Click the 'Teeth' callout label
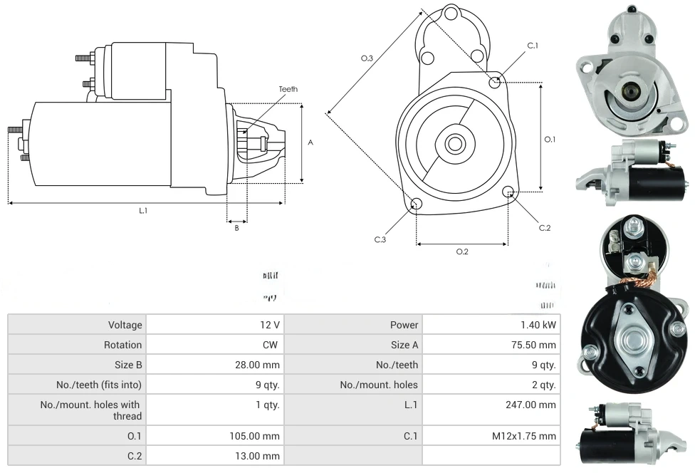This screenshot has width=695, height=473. (x=288, y=89)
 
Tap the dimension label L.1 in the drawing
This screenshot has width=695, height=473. (x=143, y=210)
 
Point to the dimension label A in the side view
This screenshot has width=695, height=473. (x=310, y=142)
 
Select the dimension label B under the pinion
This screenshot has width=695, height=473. (x=236, y=228)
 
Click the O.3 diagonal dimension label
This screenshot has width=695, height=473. (x=367, y=58)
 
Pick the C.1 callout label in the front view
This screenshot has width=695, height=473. (x=533, y=46)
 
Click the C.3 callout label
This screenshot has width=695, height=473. (x=380, y=239)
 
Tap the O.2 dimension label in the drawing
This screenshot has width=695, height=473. (x=462, y=251)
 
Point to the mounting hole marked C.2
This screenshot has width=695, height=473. (x=508, y=192)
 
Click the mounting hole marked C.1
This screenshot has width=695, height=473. (x=495, y=82)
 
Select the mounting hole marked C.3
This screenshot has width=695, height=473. (x=417, y=204)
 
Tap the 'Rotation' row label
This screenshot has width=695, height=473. (x=122, y=345)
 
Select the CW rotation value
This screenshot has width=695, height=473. (x=273, y=345)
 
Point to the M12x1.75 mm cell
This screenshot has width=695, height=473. (x=523, y=436)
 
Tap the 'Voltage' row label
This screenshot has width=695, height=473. (x=125, y=325)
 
